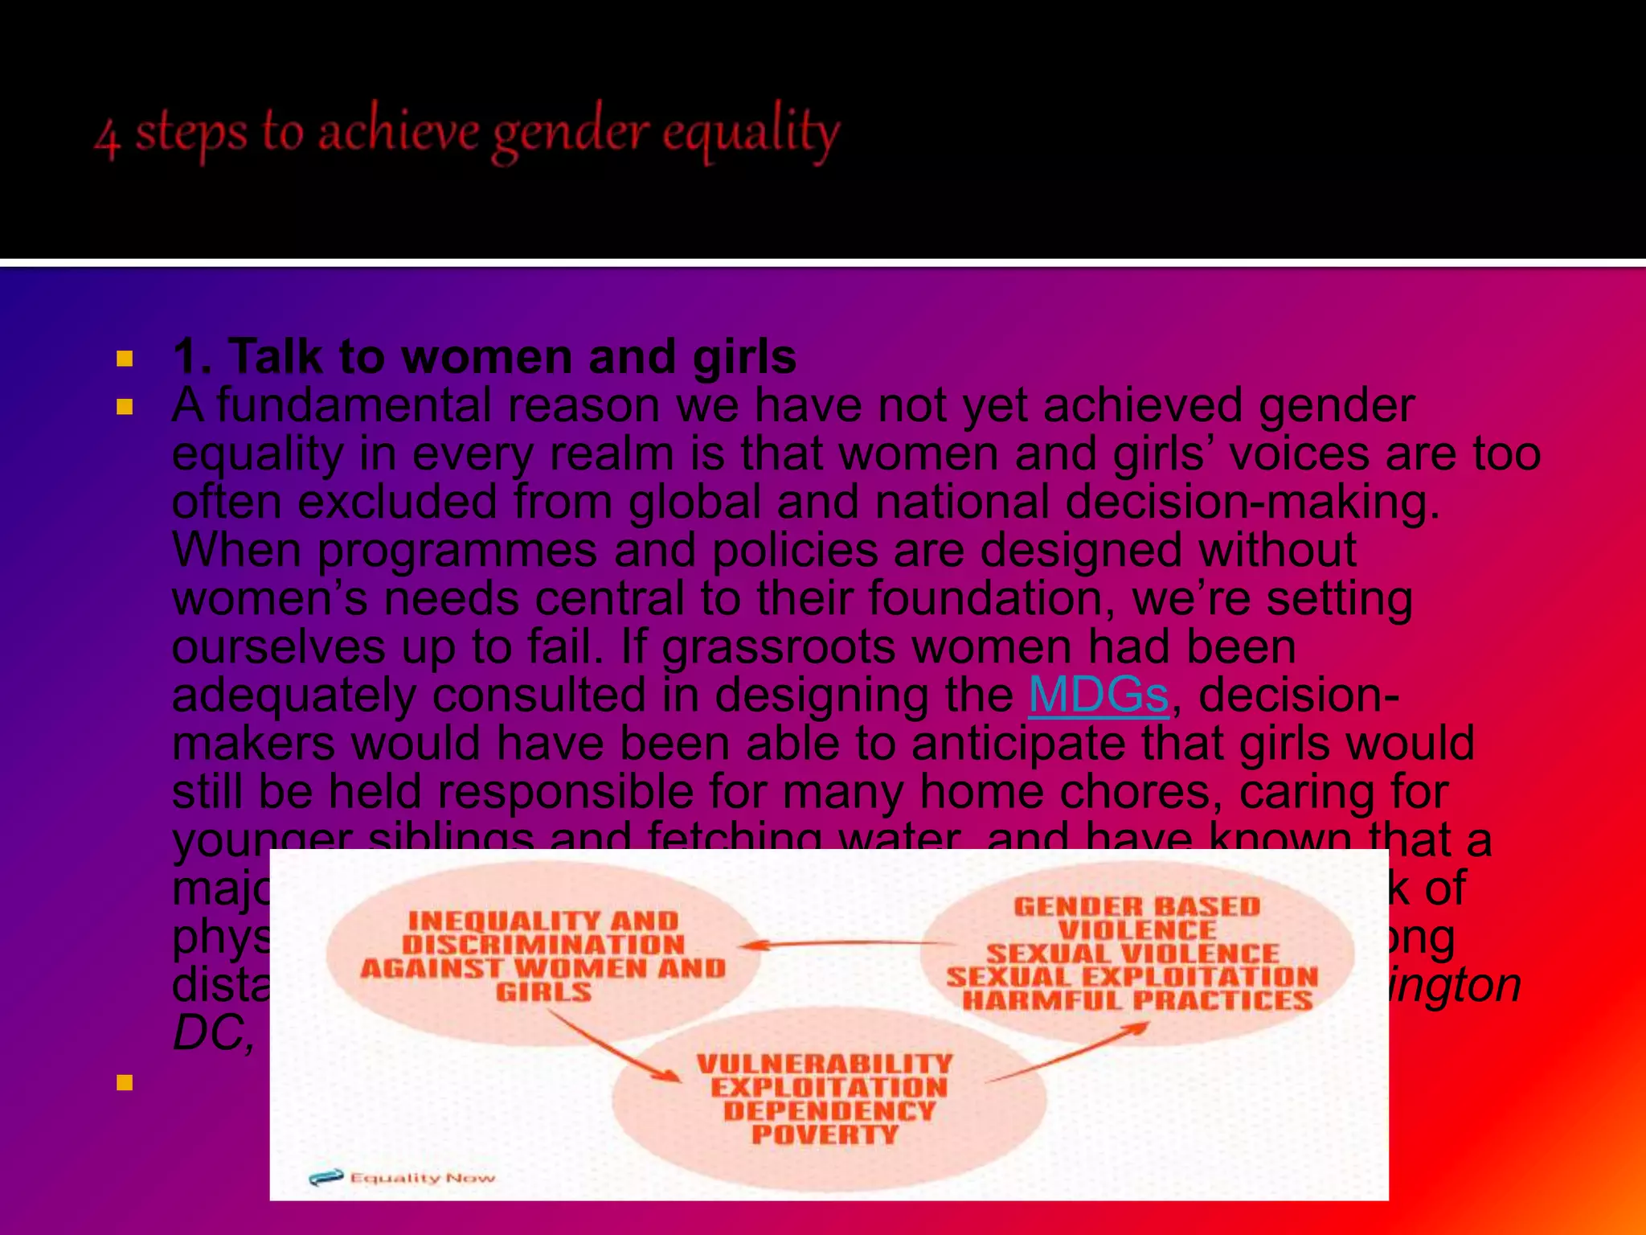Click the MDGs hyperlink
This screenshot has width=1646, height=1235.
click(1098, 695)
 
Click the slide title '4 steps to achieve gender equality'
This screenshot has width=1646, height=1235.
click(467, 133)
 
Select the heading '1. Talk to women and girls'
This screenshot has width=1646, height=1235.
click(484, 356)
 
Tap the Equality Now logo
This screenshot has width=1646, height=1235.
click(403, 1178)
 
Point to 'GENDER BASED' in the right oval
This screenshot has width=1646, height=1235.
click(1136, 907)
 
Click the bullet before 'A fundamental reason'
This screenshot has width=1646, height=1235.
click(125, 407)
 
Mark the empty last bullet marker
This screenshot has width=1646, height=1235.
click(125, 1083)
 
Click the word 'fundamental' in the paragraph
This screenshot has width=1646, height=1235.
click(354, 405)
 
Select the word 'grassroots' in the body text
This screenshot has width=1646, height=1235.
click(778, 646)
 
